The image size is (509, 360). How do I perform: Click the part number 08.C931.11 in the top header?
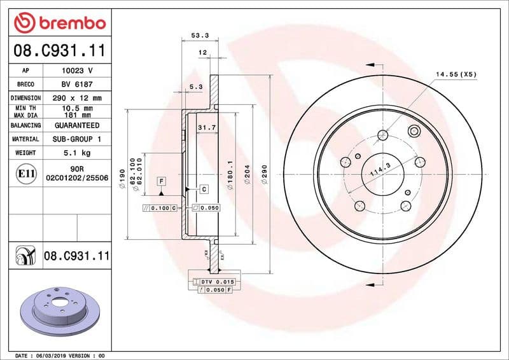point(59,51)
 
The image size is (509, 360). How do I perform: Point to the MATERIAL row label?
point(26,139)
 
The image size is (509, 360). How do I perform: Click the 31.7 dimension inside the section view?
point(206,128)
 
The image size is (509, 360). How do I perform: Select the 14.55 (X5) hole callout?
point(456,74)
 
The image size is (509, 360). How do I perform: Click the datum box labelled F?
point(162,181)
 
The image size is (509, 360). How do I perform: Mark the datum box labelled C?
point(204,189)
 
